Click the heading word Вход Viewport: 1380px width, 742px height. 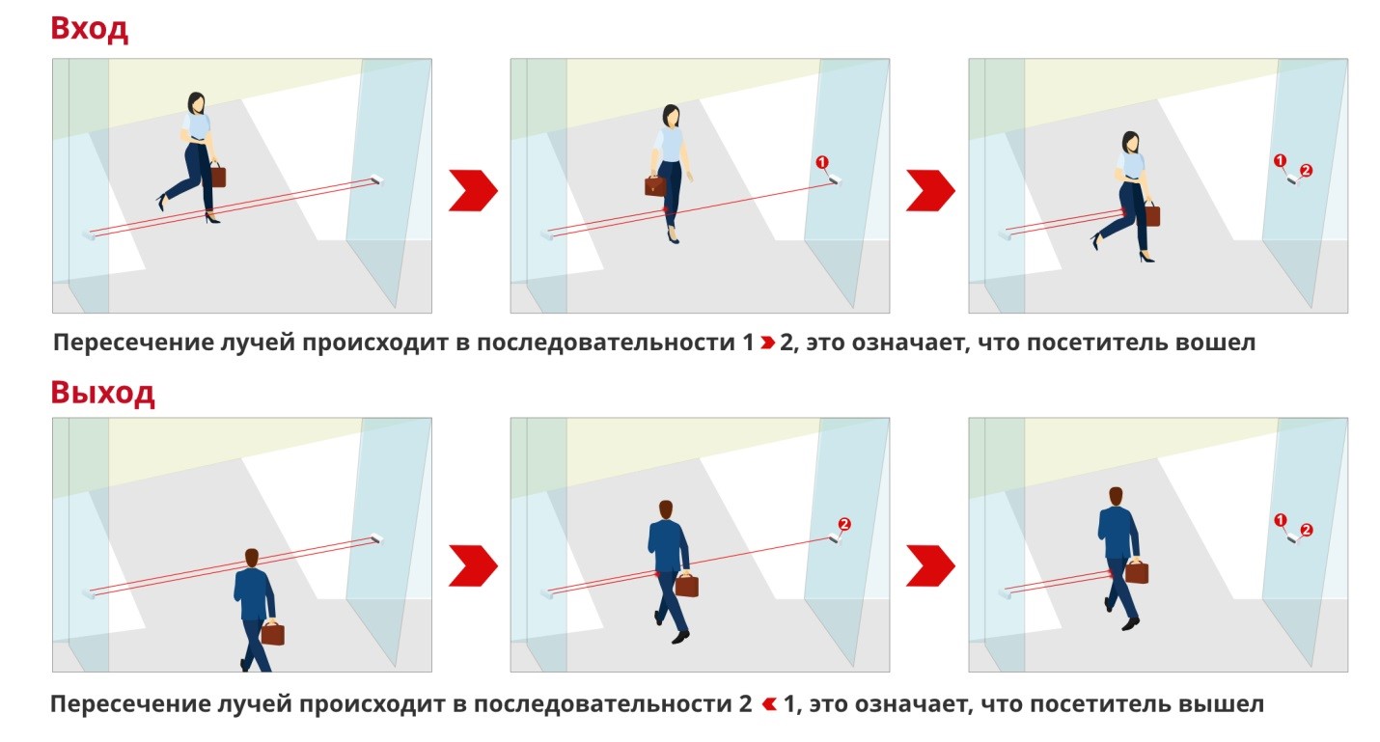point(90,29)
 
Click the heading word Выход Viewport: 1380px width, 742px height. point(103,393)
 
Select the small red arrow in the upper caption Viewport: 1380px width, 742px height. point(767,343)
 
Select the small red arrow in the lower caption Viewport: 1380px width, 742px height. point(769,703)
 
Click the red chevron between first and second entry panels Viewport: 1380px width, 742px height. point(473,190)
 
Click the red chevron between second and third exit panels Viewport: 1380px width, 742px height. point(930,565)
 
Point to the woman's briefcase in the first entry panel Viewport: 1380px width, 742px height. point(218,175)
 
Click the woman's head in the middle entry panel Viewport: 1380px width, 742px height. point(671,116)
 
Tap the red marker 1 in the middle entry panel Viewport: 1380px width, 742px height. point(822,162)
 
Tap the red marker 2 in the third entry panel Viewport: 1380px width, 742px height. point(1306,171)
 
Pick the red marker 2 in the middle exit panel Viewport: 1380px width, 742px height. point(844,524)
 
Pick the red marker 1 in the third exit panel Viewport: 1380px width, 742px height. point(1281,520)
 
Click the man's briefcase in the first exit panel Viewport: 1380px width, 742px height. point(272,632)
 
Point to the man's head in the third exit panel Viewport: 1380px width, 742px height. point(1116,496)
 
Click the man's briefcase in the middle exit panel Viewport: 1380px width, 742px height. point(687,585)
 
